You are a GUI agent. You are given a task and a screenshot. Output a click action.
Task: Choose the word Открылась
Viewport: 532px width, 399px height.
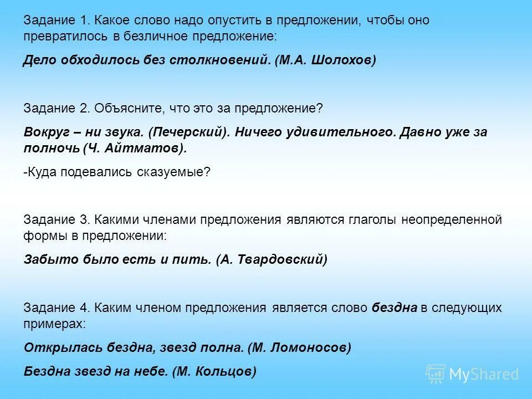54,347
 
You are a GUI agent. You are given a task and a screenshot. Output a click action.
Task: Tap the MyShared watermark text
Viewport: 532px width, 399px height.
483,375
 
